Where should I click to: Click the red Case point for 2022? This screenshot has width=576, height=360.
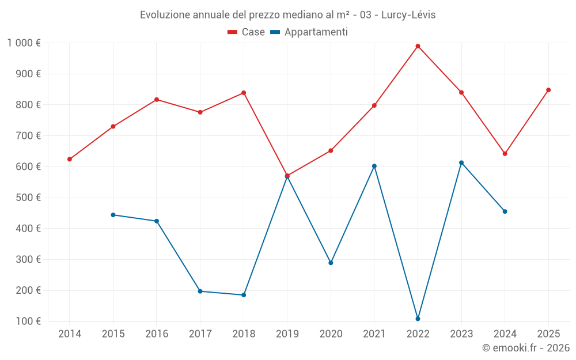pyautogui.click(x=418, y=46)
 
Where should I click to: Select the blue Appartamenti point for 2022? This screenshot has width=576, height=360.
pyautogui.click(x=418, y=319)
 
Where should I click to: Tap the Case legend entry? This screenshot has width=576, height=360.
pyautogui.click(x=247, y=32)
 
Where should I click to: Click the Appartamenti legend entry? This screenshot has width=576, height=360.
pyautogui.click(x=309, y=32)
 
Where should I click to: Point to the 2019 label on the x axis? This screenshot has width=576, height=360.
pyautogui.click(x=287, y=334)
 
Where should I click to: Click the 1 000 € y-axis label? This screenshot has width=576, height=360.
pyautogui.click(x=24, y=43)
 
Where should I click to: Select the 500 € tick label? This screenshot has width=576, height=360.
pyautogui.click(x=28, y=198)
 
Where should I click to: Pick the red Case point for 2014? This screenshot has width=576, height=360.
pyautogui.click(x=70, y=159)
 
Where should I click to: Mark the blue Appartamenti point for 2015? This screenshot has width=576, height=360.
pyautogui.click(x=113, y=215)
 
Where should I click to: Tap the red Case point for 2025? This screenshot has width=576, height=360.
pyautogui.click(x=548, y=90)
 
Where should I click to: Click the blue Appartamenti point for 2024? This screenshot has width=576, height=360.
pyautogui.click(x=505, y=211)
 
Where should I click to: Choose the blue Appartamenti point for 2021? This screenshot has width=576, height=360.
pyautogui.click(x=374, y=166)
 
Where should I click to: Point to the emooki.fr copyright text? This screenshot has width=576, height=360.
pyautogui.click(x=525, y=348)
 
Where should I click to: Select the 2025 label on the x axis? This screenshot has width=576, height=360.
pyautogui.click(x=548, y=334)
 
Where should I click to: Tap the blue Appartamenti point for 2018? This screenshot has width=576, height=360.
pyautogui.click(x=244, y=295)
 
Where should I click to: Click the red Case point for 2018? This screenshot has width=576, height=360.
pyautogui.click(x=244, y=93)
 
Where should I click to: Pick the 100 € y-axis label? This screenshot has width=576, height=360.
pyautogui.click(x=28, y=321)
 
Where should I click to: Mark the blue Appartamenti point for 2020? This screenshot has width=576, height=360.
pyautogui.click(x=331, y=263)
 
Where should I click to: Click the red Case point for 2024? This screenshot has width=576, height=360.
pyautogui.click(x=505, y=154)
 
